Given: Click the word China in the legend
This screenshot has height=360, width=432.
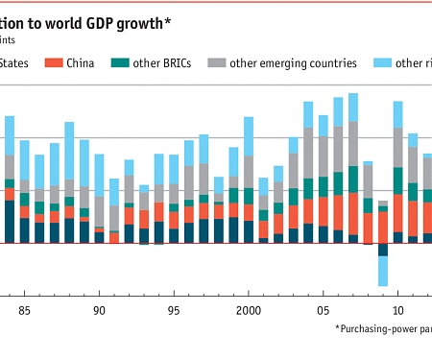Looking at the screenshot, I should tap(85, 63).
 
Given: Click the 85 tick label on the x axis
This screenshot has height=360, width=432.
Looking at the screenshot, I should tap(24, 310).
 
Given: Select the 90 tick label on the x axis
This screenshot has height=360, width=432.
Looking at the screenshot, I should tap(99, 310).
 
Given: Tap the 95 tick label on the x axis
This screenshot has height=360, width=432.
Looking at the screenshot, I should tap(174, 310).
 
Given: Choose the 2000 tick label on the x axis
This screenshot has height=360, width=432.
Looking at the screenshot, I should tap(249, 310).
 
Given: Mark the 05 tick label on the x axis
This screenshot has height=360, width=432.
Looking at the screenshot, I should tap(324, 310).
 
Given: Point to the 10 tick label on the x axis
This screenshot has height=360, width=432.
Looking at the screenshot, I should tap(397, 310).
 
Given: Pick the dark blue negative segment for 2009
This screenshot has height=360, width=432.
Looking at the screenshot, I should tap(383, 250).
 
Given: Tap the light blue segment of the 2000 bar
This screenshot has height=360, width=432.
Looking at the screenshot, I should tap(249, 133).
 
